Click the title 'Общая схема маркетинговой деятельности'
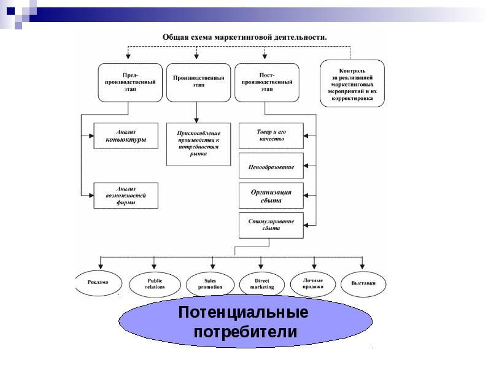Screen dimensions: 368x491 point(244,37)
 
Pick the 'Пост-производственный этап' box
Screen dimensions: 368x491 point(267,82)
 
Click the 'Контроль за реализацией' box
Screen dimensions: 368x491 point(352,83)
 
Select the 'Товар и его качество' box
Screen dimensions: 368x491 point(271,136)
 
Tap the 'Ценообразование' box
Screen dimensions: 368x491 point(271,166)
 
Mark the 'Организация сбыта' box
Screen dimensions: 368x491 point(271,196)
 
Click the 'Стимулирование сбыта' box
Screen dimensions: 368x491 point(271,224)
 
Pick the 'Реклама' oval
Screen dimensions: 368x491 point(98,282)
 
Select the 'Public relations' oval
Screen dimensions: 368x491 point(155,283)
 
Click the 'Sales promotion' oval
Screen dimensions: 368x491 point(210,283)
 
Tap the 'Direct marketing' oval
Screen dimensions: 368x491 point(262,283)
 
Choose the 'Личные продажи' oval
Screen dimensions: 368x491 point(313,283)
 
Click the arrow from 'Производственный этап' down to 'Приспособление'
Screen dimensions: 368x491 point(197,112)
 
